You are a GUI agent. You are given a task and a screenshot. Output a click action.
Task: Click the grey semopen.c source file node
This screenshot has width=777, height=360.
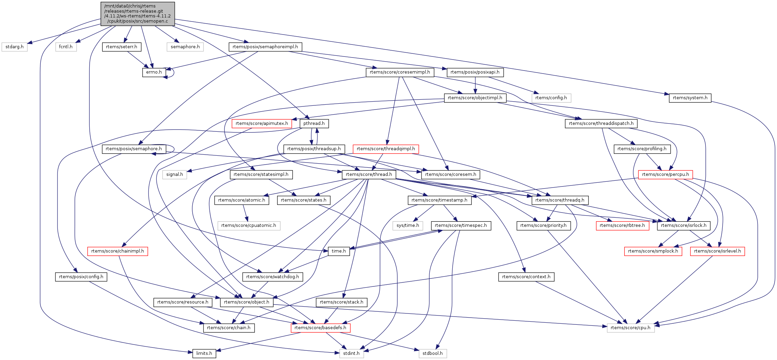138,14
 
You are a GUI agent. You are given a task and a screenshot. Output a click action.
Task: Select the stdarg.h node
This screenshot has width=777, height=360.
14,47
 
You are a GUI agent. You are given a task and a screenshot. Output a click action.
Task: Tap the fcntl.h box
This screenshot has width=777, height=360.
66,47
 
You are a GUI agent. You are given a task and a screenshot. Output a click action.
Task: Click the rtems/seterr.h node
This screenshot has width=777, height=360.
121,47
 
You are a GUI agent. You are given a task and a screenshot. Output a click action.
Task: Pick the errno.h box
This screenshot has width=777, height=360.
154,72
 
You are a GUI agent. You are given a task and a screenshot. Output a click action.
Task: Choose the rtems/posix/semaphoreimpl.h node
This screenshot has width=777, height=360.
265,47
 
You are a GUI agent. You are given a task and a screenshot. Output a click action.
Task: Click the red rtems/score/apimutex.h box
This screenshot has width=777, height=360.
262,124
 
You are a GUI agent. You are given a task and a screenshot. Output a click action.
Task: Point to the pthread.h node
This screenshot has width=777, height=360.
314,124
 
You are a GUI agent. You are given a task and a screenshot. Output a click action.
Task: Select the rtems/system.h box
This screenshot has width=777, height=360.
690,98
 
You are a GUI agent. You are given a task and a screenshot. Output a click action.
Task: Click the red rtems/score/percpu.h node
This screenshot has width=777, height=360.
665,175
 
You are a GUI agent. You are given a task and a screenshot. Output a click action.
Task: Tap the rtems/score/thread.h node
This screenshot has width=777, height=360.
369,175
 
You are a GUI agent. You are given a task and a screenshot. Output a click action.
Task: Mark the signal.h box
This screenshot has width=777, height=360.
174,175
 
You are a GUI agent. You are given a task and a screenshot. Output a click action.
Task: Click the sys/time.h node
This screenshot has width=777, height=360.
408,226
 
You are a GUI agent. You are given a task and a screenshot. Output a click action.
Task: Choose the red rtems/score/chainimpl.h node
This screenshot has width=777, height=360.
117,251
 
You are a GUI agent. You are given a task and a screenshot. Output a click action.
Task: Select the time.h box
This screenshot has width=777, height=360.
339,251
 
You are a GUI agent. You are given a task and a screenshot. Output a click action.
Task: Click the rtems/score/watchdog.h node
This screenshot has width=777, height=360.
273,277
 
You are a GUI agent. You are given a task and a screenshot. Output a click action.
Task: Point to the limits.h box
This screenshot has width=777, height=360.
204,353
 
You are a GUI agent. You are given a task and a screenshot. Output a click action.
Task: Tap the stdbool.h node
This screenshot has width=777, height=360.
432,353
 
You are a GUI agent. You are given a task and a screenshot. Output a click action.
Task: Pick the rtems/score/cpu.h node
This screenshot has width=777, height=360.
631,328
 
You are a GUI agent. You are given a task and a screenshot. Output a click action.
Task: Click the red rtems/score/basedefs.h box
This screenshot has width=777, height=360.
320,328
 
